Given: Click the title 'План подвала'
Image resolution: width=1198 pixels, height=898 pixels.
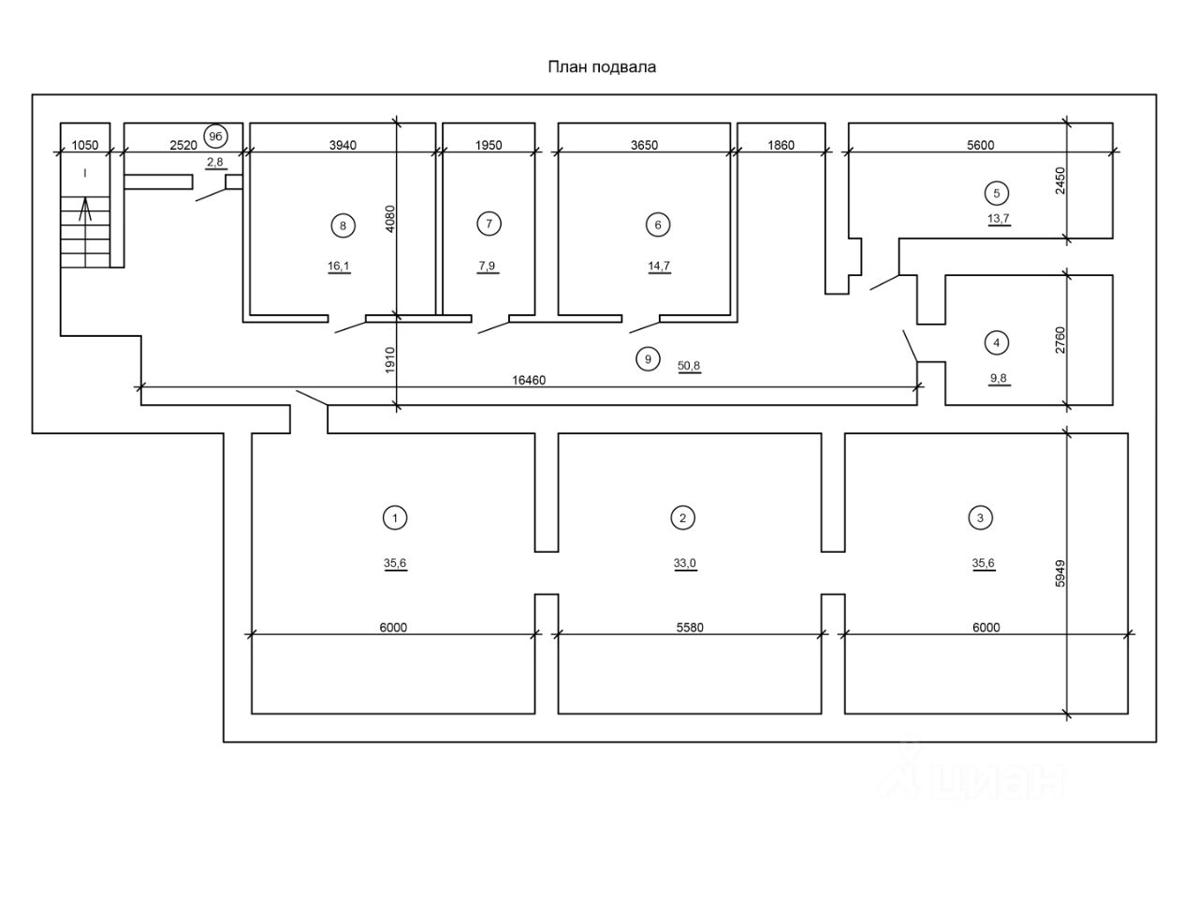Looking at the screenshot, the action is point(602,67).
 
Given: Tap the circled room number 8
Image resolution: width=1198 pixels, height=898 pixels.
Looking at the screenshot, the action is point(343,225).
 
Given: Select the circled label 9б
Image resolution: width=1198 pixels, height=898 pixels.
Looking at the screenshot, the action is point(215,137).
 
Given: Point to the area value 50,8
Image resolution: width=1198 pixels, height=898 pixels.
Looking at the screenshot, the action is point(689,366).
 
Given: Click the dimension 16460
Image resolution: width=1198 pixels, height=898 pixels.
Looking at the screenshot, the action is point(528,380).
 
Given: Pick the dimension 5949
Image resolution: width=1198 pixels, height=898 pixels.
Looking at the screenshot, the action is point(1059,573).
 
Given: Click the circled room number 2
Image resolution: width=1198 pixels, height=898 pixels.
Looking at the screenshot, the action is point(683,518).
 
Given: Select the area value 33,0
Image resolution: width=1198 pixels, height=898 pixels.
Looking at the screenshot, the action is point(685,563).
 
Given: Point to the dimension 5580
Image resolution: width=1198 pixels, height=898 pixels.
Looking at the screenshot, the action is point(690,628).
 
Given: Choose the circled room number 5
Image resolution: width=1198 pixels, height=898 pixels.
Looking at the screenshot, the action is point(997,193).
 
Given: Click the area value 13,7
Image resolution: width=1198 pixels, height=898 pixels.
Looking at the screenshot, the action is point(999,219).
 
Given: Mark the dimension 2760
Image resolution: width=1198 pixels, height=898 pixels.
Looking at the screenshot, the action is point(1059,340).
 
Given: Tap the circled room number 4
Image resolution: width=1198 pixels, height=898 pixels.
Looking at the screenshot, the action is point(997,343).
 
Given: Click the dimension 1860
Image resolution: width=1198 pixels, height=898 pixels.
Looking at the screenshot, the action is point(781,145).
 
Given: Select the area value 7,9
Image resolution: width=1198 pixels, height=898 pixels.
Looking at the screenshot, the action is point(487,266).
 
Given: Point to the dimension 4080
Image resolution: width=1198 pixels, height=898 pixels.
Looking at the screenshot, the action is point(389,219).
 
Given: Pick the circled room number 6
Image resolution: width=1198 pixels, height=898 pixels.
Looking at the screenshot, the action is point(658,224).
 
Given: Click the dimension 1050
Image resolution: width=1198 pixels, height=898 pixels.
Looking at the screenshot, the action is point(85,145).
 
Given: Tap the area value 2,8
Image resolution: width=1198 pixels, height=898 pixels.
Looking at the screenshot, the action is point(215,162).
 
